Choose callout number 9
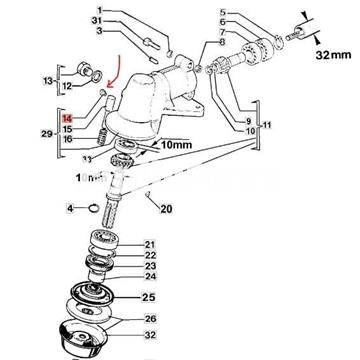pyautogui.click(x=221, y=121)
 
